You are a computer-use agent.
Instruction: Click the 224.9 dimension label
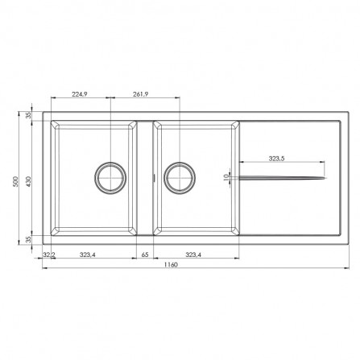pos(80,93)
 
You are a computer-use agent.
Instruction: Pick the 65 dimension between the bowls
pos(146,254)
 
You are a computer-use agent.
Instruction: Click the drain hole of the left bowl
pos(109,175)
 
